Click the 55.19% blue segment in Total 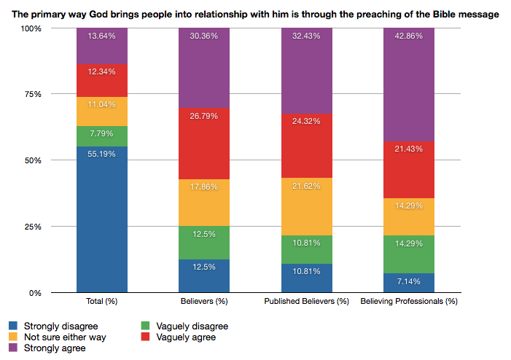102,219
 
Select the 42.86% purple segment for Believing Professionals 409,84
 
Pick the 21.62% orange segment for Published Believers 306,206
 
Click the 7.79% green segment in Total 102,136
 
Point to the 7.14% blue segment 409,283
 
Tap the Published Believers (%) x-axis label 306,301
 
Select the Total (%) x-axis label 102,301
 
